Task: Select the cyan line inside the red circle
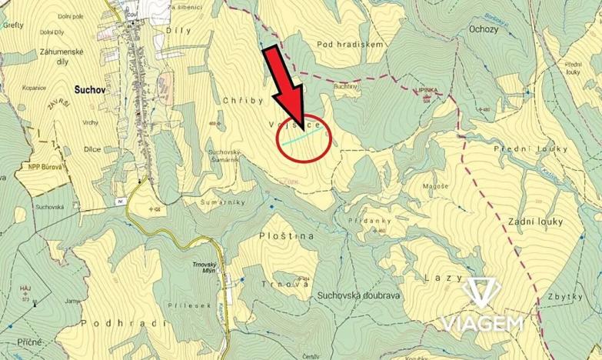303,138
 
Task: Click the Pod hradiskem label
354,45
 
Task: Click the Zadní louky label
535,222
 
